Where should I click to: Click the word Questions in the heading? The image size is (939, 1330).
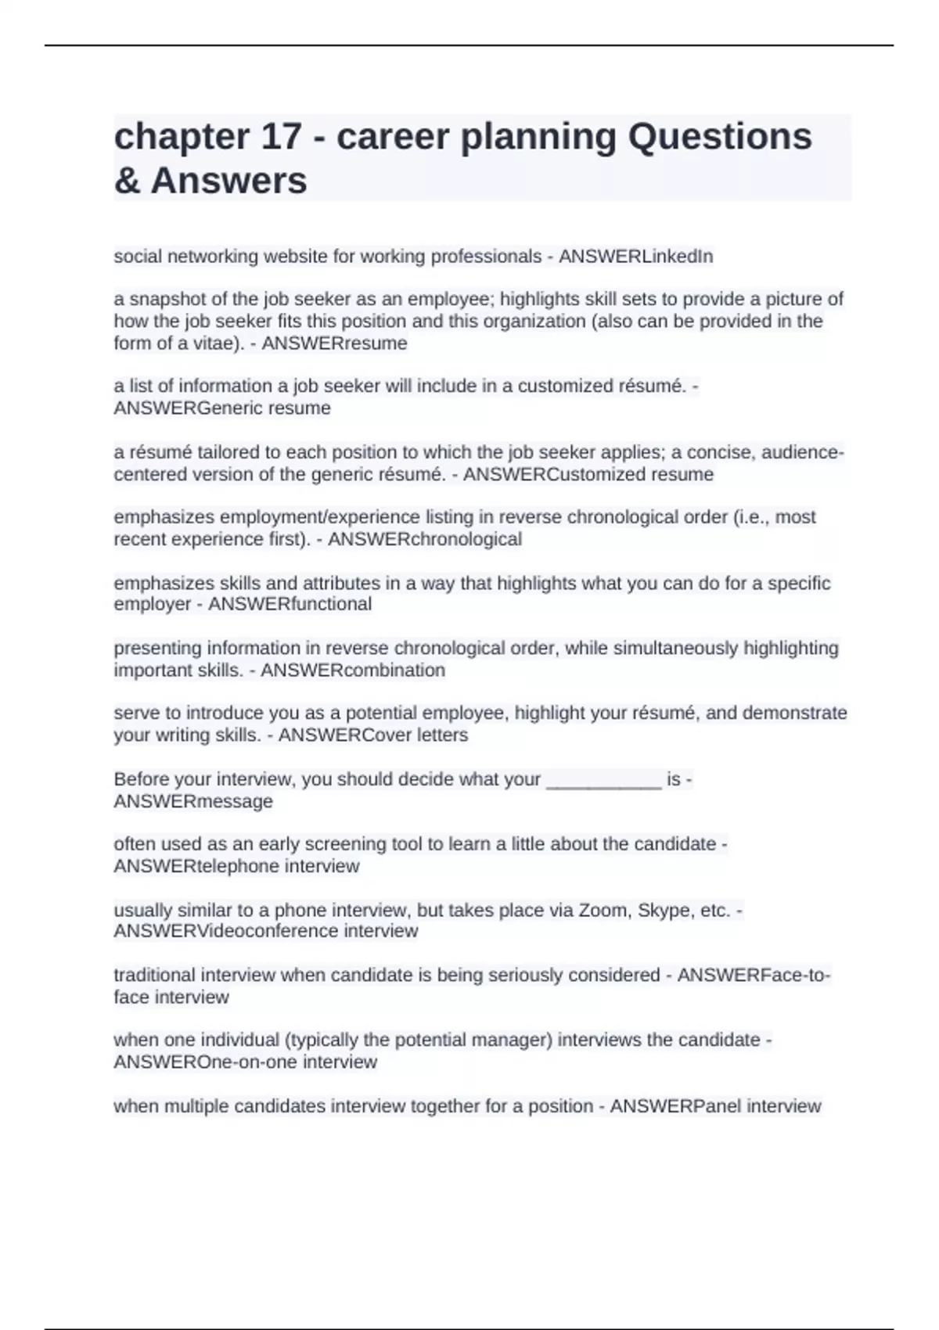(720, 137)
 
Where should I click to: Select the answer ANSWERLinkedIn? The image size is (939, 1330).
(635, 257)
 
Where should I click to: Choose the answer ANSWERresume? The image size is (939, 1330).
(334, 343)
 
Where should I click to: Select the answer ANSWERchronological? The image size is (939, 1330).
(424, 540)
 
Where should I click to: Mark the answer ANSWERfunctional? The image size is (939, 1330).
(290, 604)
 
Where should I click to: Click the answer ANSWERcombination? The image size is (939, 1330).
(352, 670)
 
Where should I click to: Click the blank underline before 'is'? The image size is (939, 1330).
(603, 781)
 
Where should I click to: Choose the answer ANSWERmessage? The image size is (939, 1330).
(193, 802)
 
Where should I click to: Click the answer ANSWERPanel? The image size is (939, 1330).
(675, 1106)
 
